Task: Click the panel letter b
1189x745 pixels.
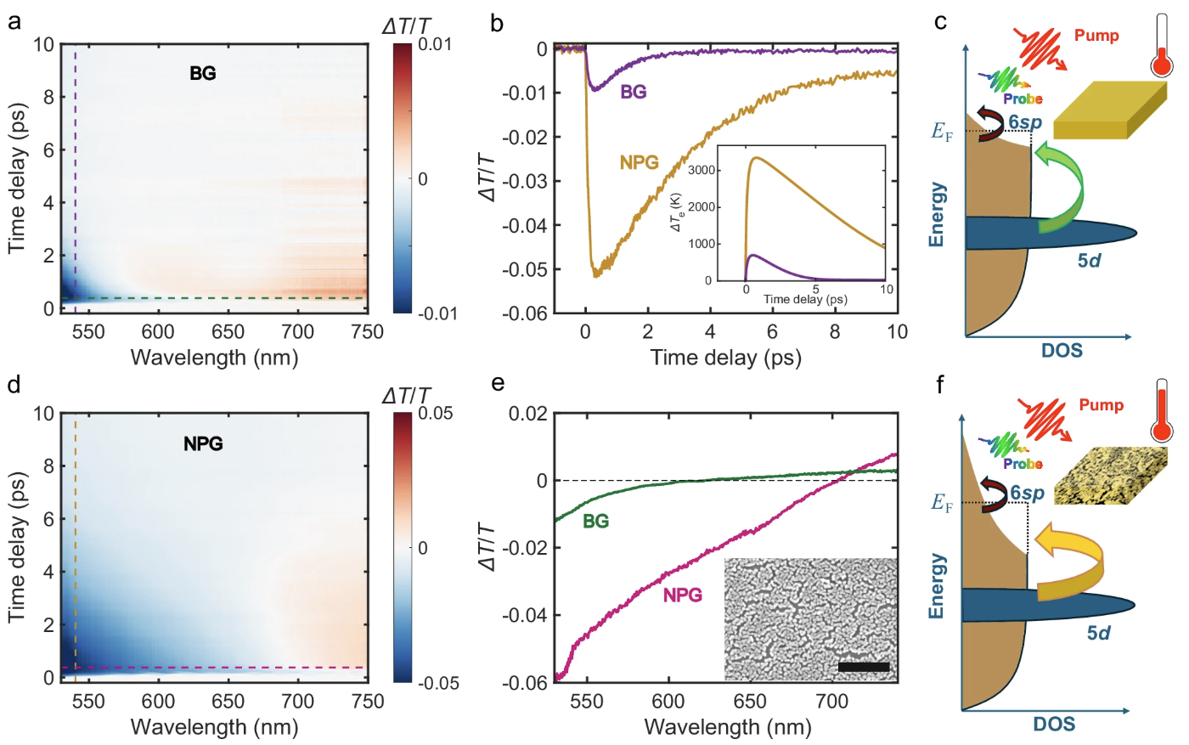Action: click(497, 23)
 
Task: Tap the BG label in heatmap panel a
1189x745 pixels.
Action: click(203, 73)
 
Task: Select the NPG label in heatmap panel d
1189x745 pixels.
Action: click(203, 443)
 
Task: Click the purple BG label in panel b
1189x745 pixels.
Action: click(633, 92)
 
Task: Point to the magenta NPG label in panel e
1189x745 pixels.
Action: click(683, 595)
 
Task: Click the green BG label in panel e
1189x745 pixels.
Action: click(595, 521)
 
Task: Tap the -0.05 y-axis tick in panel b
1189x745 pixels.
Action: click(524, 269)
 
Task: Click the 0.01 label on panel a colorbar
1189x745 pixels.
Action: click(435, 44)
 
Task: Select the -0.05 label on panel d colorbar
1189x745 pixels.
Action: click(438, 683)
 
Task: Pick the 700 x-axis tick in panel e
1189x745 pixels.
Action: click(831, 702)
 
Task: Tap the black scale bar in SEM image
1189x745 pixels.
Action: click(863, 667)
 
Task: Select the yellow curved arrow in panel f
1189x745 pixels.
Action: click(1072, 562)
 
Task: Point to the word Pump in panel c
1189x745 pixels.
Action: click(1096, 36)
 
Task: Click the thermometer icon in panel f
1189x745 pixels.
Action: click(1162, 411)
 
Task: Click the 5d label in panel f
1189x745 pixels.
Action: click(1098, 633)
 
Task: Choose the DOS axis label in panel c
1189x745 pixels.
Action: click(1062, 350)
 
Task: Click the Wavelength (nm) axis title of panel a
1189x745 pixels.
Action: click(214, 357)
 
